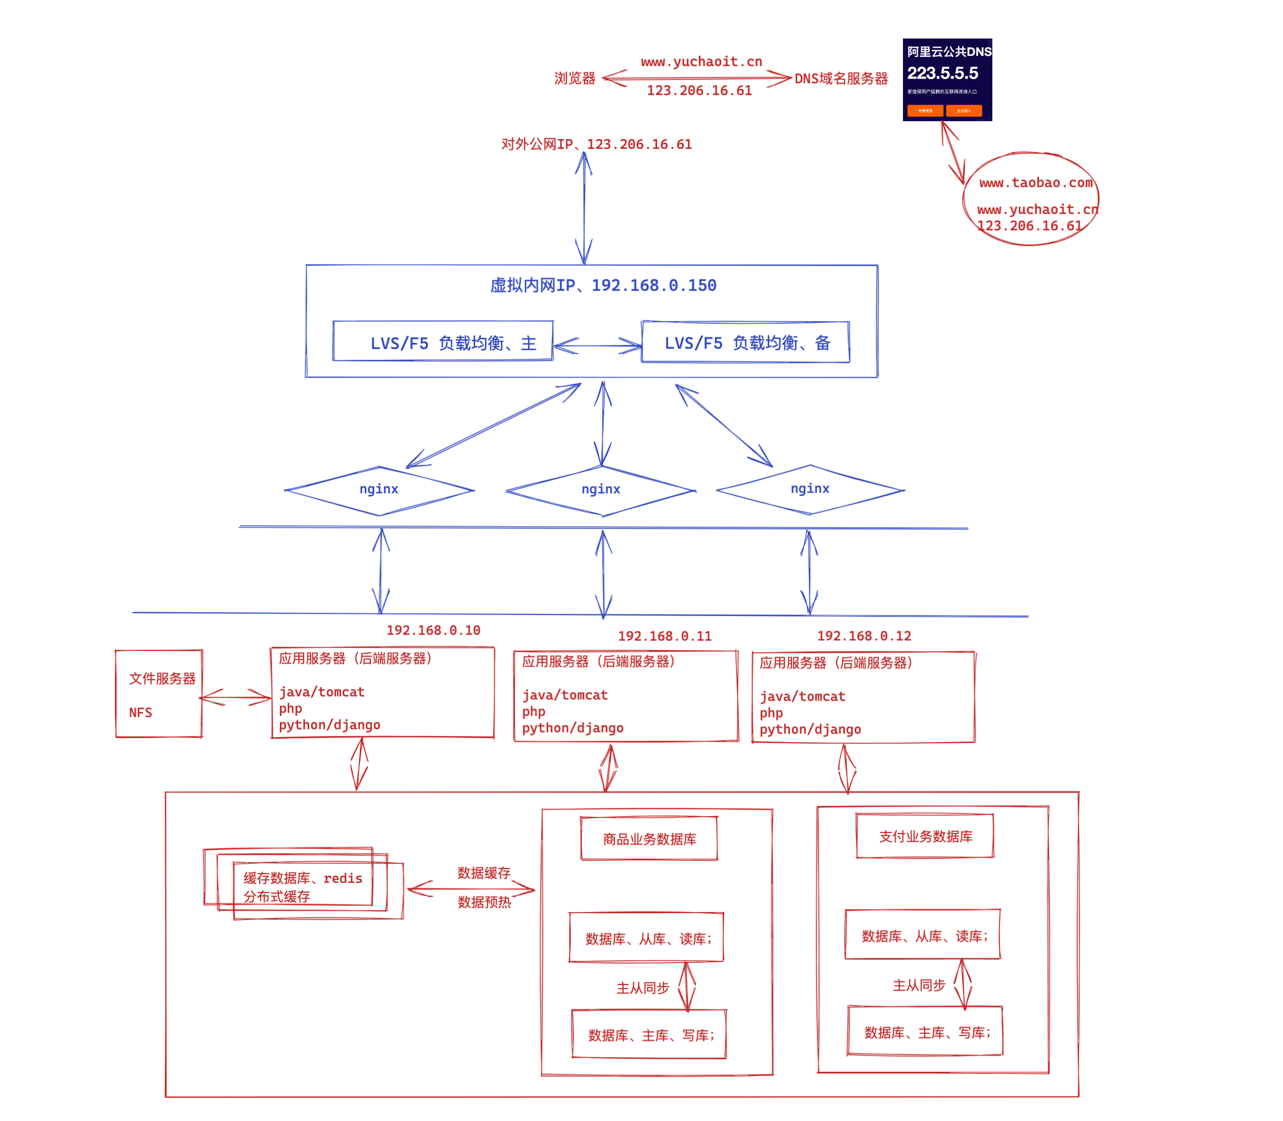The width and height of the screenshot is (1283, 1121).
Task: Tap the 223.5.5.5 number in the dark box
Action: coord(942,73)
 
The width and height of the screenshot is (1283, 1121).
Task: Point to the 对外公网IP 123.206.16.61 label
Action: coord(596,144)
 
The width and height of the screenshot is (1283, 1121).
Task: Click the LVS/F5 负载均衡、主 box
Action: coord(443,341)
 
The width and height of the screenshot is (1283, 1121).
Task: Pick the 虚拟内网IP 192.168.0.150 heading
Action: coord(602,285)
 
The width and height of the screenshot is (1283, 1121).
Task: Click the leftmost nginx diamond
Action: coord(379,490)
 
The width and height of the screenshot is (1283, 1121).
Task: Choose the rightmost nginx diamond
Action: coord(810,489)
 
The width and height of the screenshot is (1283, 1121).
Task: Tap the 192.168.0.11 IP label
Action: coord(665,636)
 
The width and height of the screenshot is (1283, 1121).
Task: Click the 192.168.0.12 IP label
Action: coord(864,635)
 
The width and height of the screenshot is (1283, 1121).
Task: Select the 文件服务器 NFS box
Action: coord(159,694)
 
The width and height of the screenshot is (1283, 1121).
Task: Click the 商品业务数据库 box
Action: coord(649,839)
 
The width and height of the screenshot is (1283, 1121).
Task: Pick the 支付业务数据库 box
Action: coord(925,836)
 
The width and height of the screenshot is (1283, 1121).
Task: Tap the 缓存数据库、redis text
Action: coord(303,878)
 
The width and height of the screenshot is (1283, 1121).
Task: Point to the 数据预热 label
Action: coord(484,902)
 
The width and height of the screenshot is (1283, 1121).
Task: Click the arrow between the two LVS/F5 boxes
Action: coord(597,345)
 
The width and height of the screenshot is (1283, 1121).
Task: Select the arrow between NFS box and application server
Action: coord(235,697)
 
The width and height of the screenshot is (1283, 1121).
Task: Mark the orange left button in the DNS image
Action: coord(924,111)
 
